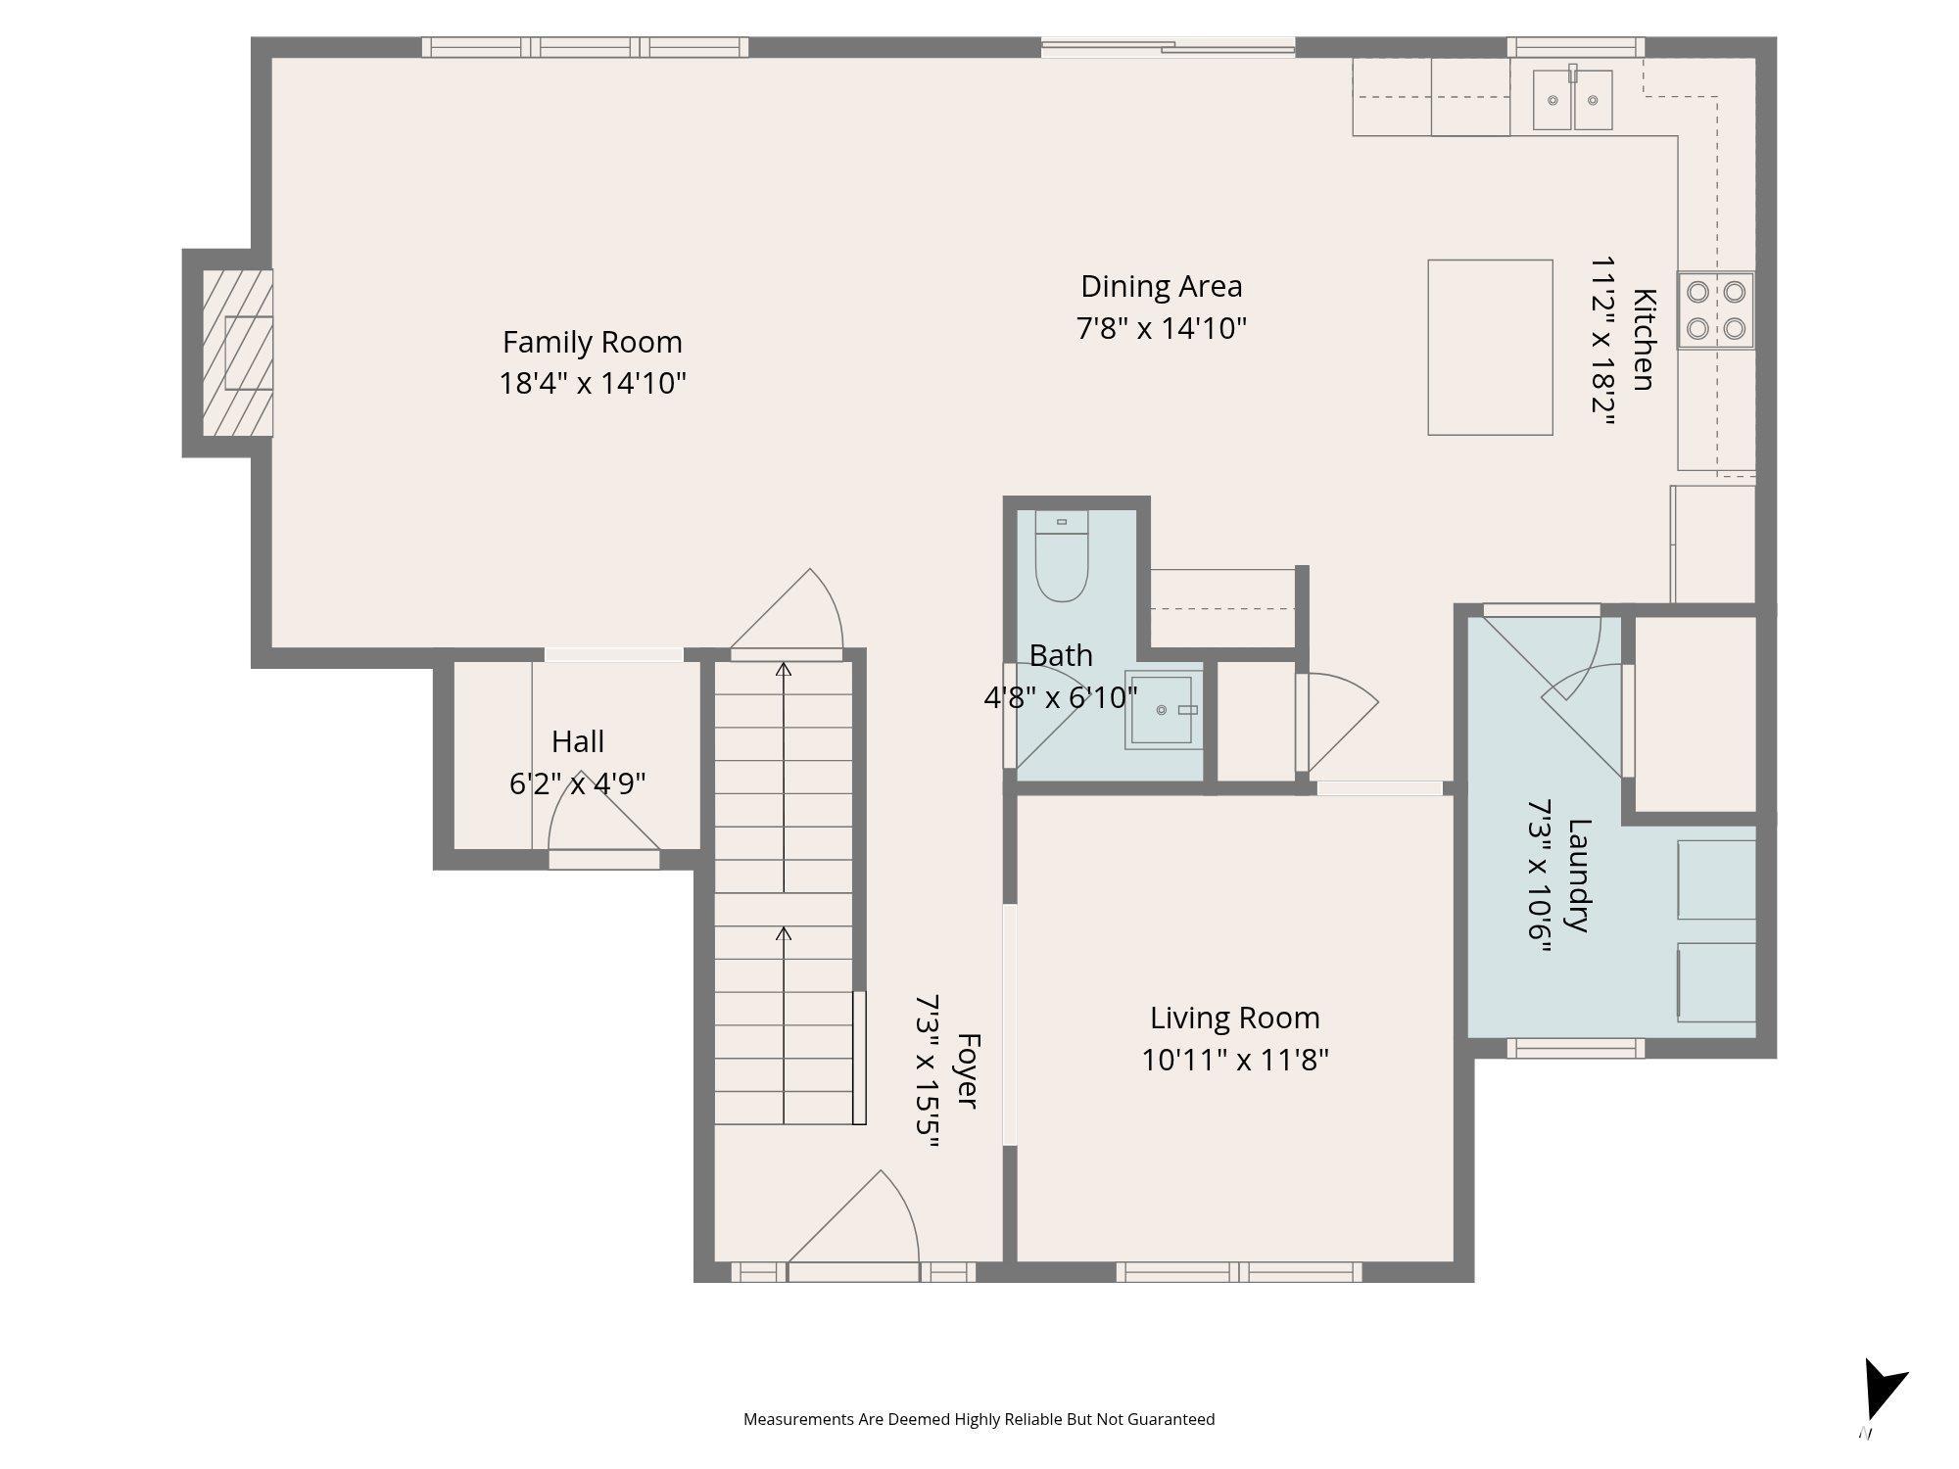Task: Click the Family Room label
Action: click(593, 342)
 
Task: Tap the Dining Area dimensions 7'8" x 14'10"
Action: click(1162, 327)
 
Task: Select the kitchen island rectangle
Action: click(1490, 347)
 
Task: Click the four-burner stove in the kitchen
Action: click(1715, 309)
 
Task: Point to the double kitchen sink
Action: click(1573, 99)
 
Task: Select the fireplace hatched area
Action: click(237, 353)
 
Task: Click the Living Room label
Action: click(1234, 1018)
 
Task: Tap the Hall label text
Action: click(578, 741)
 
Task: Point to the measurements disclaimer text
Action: click(979, 1419)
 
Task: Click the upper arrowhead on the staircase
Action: click(784, 670)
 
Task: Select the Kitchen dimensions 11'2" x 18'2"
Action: click(1602, 340)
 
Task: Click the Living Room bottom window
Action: click(1239, 1272)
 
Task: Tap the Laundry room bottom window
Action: click(1575, 1049)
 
